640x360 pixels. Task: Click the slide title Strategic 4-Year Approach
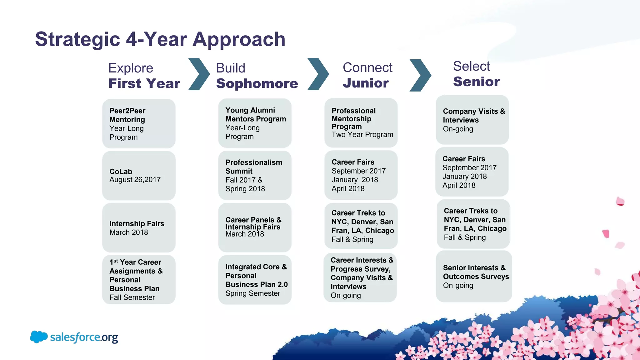[x=160, y=39]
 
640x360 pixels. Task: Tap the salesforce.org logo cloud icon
[x=39, y=337]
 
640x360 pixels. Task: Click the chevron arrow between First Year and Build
[x=199, y=74]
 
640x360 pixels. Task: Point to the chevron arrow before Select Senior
[x=421, y=75]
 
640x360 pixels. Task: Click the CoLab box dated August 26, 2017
[x=139, y=176]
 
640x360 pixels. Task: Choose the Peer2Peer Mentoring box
[x=139, y=124]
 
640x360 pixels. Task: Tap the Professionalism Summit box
[x=255, y=175]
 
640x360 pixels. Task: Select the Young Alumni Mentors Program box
[x=255, y=123]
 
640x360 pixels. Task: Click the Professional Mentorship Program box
[x=361, y=123]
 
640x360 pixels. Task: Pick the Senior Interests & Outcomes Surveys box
[x=474, y=276]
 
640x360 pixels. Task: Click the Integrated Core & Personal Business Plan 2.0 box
[x=255, y=280]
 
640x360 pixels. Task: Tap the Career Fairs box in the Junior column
[x=361, y=175]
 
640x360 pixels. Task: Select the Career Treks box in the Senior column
[x=473, y=224]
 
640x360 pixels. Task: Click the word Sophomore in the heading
[x=257, y=83]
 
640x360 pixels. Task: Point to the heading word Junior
[x=366, y=83]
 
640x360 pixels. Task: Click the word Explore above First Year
[x=131, y=68]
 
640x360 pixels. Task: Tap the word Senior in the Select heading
[x=476, y=82]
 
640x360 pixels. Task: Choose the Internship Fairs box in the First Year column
[x=139, y=228]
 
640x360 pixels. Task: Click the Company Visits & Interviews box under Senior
[x=472, y=120]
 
